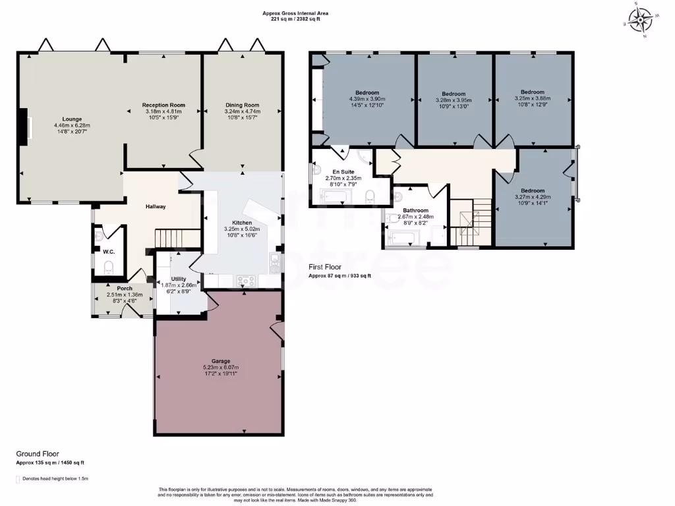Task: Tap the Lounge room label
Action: (68, 119)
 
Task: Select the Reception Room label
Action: (163, 105)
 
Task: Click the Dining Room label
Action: (243, 105)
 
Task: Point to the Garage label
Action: (221, 361)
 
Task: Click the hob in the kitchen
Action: (247, 281)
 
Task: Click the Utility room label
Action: (179, 279)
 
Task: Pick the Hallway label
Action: (156, 207)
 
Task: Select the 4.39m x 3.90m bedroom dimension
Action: (367, 99)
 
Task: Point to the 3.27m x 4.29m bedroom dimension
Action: (533, 196)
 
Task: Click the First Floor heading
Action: (326, 267)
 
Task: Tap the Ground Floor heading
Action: (37, 454)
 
